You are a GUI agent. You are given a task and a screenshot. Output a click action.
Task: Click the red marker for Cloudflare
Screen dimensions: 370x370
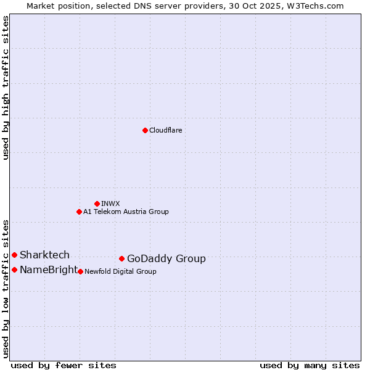pos(145,130)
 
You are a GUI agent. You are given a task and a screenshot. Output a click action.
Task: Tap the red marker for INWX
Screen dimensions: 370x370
pos(97,203)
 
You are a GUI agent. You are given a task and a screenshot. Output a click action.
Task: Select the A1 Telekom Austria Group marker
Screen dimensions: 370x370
pos(79,212)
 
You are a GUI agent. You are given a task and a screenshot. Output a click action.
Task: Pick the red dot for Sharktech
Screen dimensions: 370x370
pos(14,255)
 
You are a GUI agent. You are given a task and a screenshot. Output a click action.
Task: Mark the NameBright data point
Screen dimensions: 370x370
pos(14,269)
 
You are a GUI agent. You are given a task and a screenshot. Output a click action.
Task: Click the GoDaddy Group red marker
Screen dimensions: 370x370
pos(121,258)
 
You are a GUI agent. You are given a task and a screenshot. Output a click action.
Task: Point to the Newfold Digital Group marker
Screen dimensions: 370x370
pos(80,271)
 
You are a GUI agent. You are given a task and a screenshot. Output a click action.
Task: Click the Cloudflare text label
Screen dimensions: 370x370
pos(165,130)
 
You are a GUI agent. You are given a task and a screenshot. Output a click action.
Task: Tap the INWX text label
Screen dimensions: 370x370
pos(110,203)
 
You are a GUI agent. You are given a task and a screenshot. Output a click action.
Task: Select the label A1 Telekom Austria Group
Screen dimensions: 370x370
pos(126,212)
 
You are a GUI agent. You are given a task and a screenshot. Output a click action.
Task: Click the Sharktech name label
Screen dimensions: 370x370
pos(44,255)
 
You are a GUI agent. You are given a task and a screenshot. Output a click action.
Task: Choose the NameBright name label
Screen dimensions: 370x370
pos(49,269)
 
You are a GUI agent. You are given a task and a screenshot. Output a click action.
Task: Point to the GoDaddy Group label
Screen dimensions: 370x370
pos(166,258)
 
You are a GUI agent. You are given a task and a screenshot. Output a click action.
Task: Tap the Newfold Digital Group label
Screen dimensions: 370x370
pos(120,271)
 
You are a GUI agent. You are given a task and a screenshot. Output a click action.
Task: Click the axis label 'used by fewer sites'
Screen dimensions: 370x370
pos(64,365)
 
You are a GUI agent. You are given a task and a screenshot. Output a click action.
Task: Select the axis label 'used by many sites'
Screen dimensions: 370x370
pos(310,365)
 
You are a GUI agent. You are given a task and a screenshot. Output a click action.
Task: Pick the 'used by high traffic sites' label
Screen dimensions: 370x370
pos(6,88)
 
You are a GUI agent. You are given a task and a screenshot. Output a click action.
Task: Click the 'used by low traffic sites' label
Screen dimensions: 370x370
pos(6,288)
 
